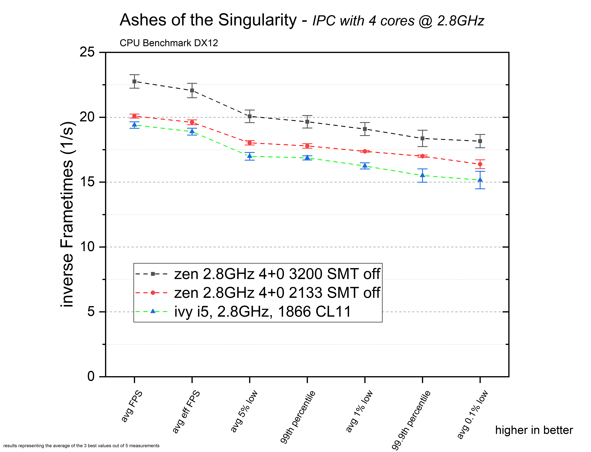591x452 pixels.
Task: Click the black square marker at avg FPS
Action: (x=134, y=81)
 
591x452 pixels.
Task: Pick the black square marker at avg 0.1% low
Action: (x=480, y=141)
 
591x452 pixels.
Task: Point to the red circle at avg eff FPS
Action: (x=192, y=122)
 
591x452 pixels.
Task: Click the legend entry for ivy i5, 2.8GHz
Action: (x=263, y=312)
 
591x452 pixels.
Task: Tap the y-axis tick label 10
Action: (x=87, y=246)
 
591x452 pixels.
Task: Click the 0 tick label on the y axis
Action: (x=91, y=376)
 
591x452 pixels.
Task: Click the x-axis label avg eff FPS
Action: (x=186, y=412)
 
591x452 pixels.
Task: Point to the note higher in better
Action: (x=534, y=430)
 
